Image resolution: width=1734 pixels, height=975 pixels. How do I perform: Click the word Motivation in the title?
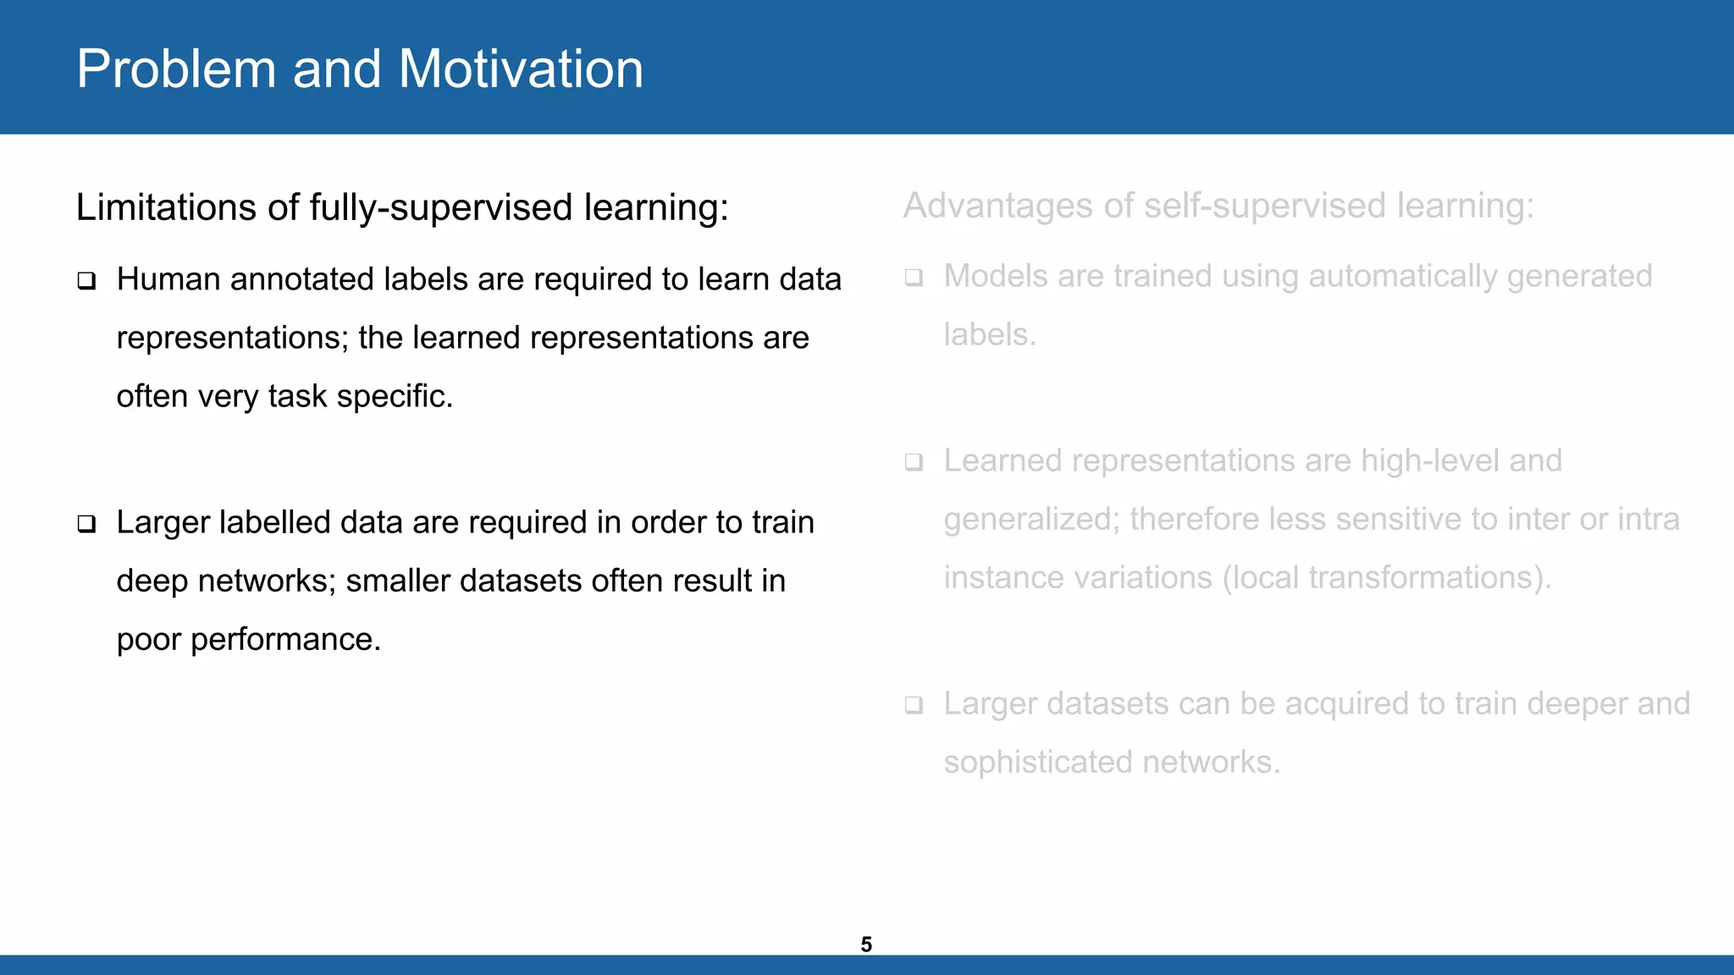coord(520,69)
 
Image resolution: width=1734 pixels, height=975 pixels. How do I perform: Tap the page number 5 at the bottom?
coord(866,945)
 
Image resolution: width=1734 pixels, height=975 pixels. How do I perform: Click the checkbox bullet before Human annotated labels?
coord(86,281)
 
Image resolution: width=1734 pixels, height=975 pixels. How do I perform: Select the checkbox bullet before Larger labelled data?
coord(86,524)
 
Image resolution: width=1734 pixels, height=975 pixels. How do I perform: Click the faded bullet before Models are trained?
coord(914,278)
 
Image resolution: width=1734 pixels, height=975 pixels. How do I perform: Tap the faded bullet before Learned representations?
coord(914,462)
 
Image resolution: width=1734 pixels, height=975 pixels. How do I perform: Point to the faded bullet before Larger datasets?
coord(914,705)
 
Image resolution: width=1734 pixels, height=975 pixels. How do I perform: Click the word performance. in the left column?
coord(285,640)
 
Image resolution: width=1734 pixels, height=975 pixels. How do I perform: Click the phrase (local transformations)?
coord(1386,577)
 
